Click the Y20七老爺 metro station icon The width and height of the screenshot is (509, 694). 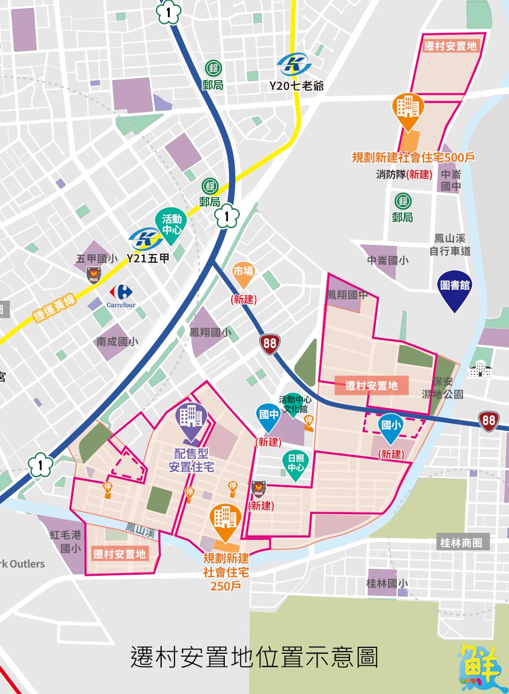tap(294, 65)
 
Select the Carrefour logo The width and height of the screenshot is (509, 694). tap(121, 292)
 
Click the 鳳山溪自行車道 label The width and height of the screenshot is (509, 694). tap(450, 245)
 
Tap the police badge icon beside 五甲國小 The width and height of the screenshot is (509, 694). tap(94, 275)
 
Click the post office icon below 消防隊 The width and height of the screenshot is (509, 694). tap(403, 201)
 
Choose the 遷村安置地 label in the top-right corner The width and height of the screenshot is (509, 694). tap(451, 46)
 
